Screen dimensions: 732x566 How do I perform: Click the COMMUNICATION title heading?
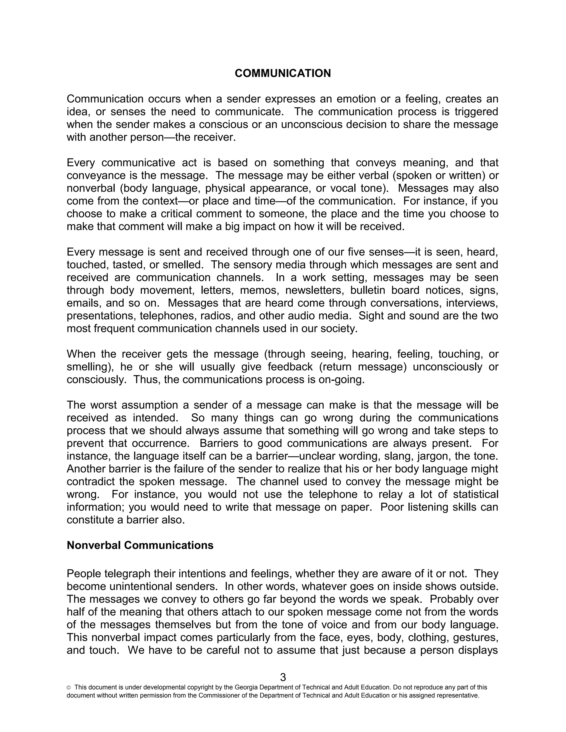[x=283, y=73]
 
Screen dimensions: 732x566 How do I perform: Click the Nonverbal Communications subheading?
[x=140, y=545]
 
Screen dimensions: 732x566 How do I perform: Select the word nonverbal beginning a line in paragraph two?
[x=91, y=188]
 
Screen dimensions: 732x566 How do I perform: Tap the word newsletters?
[x=315, y=290]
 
